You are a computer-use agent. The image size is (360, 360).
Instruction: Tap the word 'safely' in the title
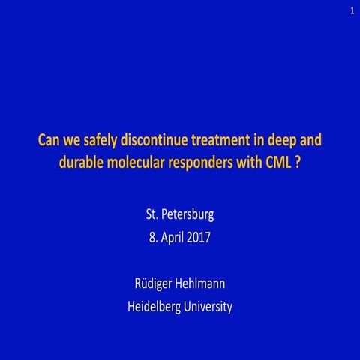(x=100, y=140)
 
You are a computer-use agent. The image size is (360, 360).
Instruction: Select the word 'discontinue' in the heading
(x=157, y=140)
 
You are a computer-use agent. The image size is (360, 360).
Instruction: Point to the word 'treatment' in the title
(x=229, y=140)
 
